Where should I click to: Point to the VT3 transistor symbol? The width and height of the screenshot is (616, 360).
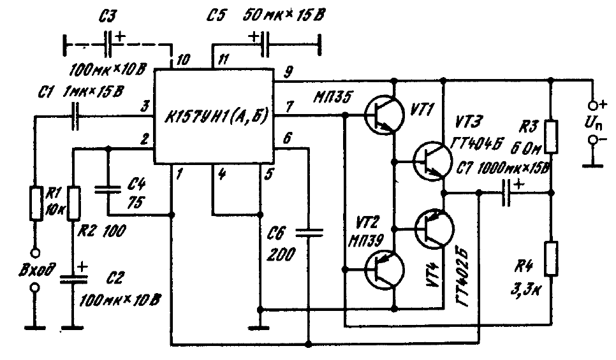tap(432, 161)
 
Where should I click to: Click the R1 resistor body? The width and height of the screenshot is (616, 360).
tap(36, 202)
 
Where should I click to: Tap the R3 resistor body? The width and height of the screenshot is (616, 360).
tap(551, 136)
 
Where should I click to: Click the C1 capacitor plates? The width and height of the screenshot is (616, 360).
tap(77, 116)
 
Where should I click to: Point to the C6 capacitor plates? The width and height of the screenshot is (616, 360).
tap(309, 234)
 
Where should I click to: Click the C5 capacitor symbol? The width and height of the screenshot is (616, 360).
tap(264, 45)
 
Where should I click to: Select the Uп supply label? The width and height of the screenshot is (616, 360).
tap(596, 120)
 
